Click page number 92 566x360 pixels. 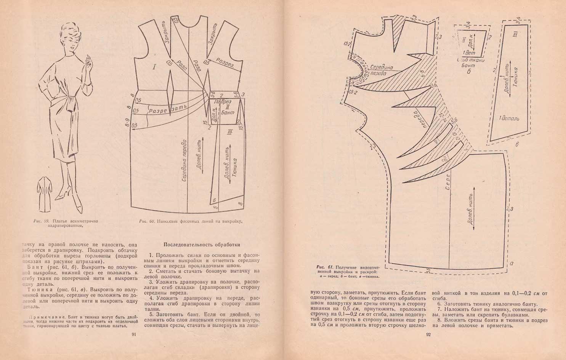coord(428,335)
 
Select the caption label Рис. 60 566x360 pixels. coord(146,221)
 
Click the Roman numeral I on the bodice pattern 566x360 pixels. coord(154,67)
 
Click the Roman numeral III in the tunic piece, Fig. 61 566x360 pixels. coord(515,35)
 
